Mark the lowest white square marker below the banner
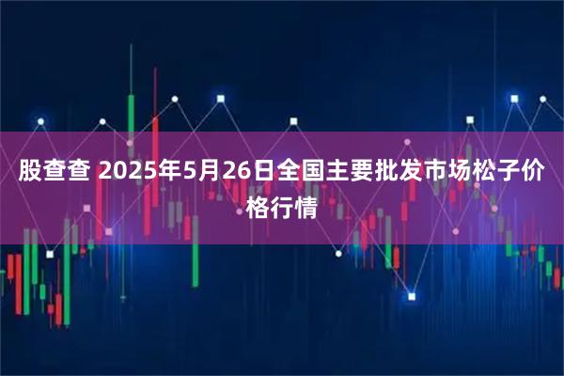410,295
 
